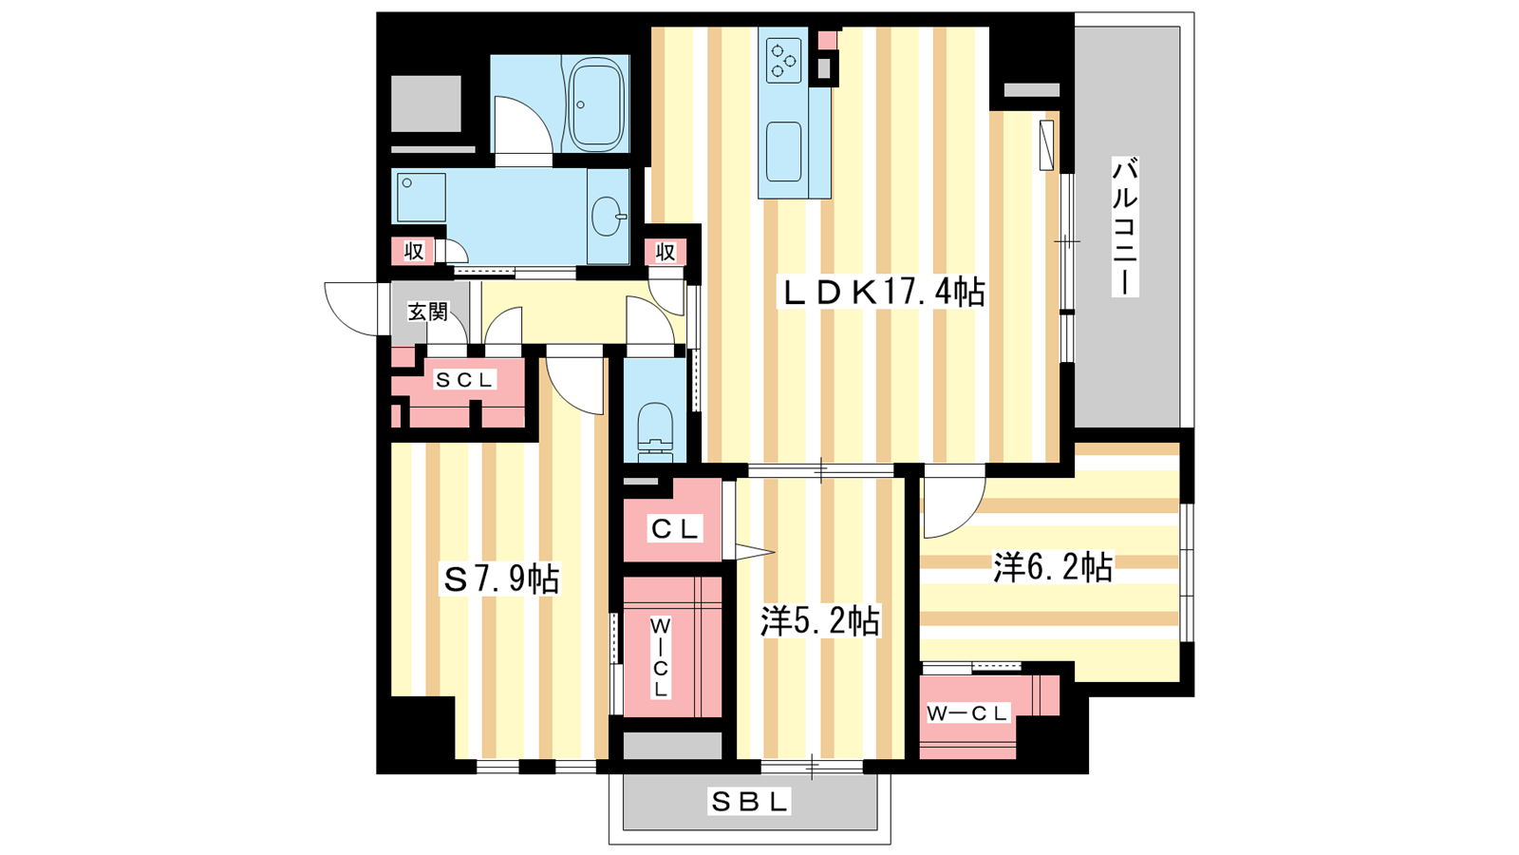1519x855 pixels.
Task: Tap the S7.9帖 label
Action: [x=501, y=579]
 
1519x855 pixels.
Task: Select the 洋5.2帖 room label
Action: [x=820, y=620]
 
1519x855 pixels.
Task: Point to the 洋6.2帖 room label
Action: [x=1053, y=567]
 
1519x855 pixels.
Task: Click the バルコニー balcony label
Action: [x=1124, y=227]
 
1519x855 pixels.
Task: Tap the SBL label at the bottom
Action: [x=749, y=802]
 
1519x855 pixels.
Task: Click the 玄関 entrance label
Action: [x=428, y=313]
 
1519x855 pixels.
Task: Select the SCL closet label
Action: [x=464, y=380]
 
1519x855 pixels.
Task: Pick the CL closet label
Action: [x=675, y=528]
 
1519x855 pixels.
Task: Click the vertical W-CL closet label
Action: [x=660, y=657]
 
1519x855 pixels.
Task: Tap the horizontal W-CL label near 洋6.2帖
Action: [x=968, y=713]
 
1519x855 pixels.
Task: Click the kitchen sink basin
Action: [x=784, y=151]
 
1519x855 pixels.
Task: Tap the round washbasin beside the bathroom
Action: [x=608, y=217]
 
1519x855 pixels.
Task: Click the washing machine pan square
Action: [x=422, y=198]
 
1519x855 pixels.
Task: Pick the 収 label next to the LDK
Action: [x=666, y=252]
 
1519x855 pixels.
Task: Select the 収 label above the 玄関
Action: [x=414, y=251]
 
